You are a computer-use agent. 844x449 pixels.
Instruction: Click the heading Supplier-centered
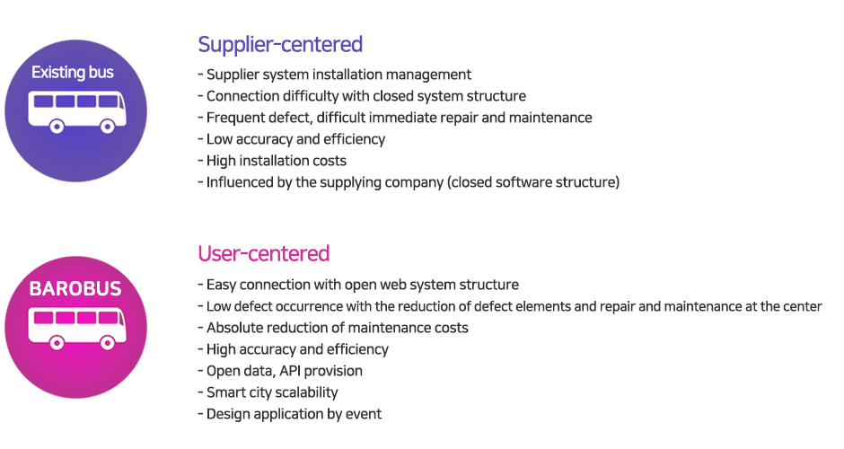tap(280, 45)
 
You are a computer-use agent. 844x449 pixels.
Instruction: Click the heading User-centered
tap(264, 253)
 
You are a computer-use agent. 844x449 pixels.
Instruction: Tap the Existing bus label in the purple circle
tap(73, 72)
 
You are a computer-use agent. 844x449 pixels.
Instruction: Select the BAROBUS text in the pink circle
tap(75, 288)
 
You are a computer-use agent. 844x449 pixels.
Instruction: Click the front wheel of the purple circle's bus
tap(107, 127)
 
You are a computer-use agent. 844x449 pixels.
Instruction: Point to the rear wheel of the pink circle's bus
tap(57, 343)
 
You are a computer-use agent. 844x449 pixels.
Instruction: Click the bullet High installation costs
tap(272, 161)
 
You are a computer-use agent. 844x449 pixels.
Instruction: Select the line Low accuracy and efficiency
tap(292, 139)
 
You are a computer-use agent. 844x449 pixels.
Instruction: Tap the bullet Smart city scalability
tap(268, 392)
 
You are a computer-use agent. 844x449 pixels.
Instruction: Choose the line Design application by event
tap(290, 414)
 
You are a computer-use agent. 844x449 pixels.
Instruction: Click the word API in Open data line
tap(290, 371)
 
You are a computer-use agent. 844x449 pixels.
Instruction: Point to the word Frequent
tap(232, 118)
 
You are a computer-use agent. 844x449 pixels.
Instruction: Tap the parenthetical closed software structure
tap(533, 182)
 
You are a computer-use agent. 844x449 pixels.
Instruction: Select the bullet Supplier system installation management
tap(335, 75)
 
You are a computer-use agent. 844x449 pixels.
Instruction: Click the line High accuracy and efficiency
tap(294, 349)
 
